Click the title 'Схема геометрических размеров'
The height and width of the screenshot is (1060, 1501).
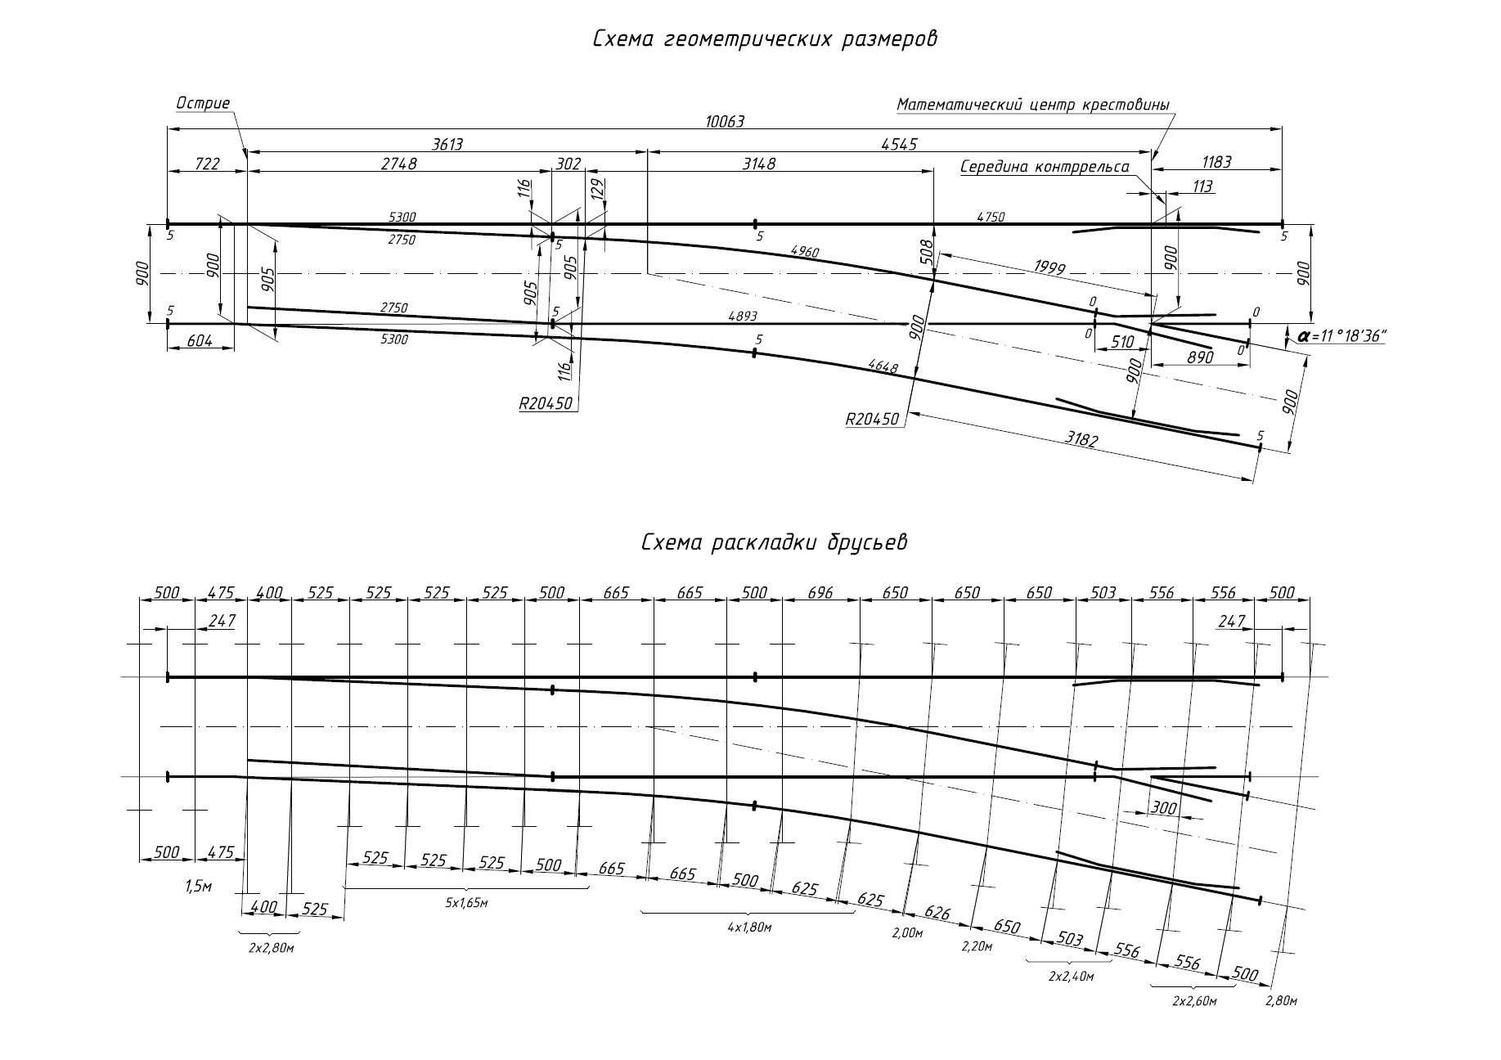point(765,39)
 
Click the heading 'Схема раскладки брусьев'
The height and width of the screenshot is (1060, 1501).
point(775,542)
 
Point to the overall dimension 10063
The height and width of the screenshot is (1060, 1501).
point(725,121)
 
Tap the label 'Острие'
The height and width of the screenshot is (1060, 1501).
point(204,103)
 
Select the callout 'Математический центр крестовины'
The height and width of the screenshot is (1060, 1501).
point(1033,105)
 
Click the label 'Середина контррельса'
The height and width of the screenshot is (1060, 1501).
point(1045,167)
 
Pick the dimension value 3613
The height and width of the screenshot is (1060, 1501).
point(447,144)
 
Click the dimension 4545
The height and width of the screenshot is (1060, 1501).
point(900,144)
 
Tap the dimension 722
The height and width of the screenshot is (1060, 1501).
point(207,164)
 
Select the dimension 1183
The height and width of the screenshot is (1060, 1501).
point(1216,162)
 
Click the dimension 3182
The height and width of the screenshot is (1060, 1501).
point(1081,439)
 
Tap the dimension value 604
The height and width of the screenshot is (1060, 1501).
point(199,341)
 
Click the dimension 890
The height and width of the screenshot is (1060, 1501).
point(1200,357)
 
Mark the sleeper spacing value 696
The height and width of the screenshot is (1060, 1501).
point(820,593)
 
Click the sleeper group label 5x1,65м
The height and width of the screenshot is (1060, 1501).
point(466,903)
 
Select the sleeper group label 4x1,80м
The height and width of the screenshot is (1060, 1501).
point(750,927)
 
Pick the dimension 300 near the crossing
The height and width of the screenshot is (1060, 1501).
point(1163,808)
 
